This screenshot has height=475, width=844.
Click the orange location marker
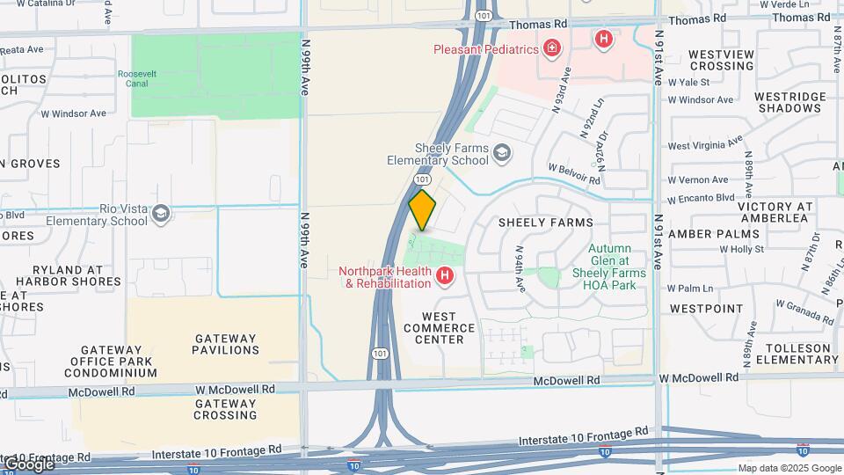[x=422, y=210]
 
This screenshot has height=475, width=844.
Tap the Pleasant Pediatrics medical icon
[x=552, y=48]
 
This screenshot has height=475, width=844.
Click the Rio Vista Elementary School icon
[x=161, y=214]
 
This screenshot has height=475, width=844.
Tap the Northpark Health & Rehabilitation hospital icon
[x=446, y=277]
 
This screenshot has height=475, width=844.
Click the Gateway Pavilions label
[x=225, y=344]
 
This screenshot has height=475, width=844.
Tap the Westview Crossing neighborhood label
[x=721, y=60]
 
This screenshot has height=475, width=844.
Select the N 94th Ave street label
[x=519, y=268]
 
